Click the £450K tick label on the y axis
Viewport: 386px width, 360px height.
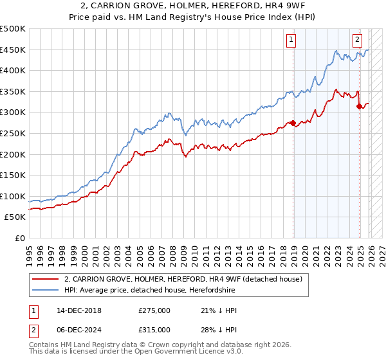13,50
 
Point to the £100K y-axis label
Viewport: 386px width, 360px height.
13,197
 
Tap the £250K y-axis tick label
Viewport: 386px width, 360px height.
13,134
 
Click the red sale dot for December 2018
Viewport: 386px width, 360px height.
293,123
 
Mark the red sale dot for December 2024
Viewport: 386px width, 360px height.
359,106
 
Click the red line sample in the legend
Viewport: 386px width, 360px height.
46,278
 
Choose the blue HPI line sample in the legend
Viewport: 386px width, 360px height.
46,289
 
